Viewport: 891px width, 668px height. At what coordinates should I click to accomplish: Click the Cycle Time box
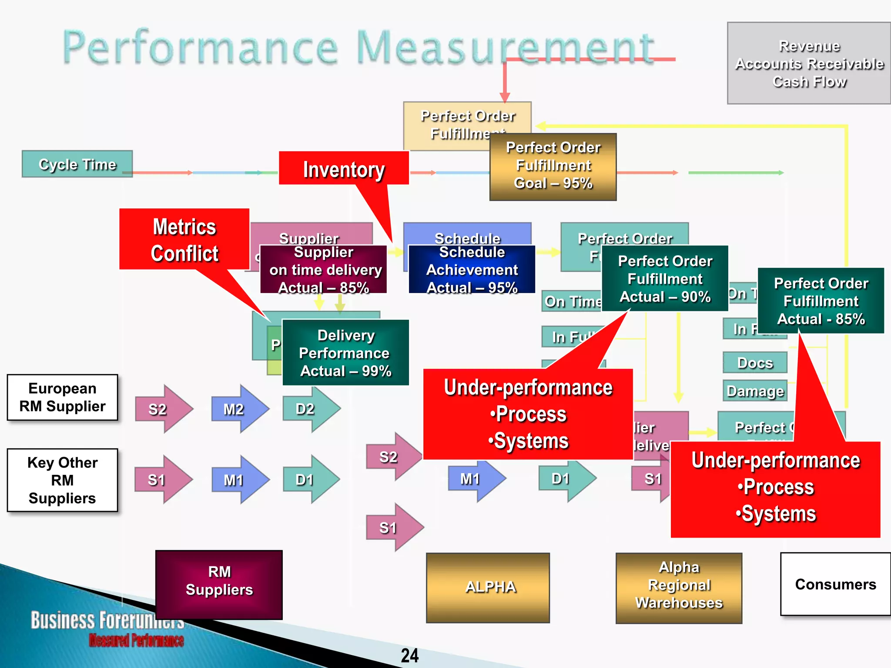click(x=77, y=164)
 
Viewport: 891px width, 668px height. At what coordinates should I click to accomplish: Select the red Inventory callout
click(x=344, y=169)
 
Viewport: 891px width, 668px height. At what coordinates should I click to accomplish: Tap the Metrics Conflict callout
click(x=184, y=239)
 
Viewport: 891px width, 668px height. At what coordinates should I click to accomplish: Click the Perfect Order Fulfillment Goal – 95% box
click(x=553, y=167)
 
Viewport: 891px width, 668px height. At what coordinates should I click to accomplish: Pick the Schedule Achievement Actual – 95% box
click(x=472, y=270)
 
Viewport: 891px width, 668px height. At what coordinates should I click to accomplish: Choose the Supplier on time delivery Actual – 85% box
click(x=323, y=270)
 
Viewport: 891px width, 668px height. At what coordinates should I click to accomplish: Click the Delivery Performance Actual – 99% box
click(x=345, y=353)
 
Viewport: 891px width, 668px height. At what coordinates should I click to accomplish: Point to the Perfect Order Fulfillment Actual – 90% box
click(x=665, y=278)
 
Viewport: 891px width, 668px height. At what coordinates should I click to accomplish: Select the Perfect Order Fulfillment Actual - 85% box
click(x=821, y=301)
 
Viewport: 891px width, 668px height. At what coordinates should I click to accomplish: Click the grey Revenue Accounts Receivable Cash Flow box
click(x=809, y=63)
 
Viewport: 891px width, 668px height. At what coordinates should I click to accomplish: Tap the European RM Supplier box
click(x=63, y=397)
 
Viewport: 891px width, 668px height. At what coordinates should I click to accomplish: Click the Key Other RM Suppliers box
click(x=63, y=480)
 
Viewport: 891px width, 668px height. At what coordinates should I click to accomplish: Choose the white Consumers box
click(x=835, y=584)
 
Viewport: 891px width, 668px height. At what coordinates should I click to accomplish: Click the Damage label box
click(x=755, y=391)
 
